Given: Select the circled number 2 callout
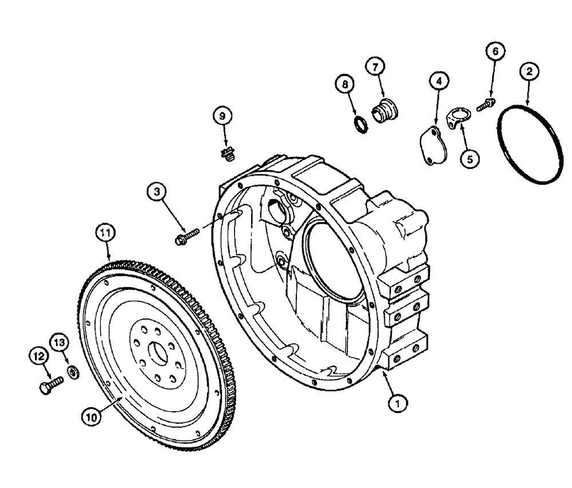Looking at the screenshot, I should (529, 72).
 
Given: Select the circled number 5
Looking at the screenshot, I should (470, 159).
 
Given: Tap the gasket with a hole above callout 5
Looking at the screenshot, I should (455, 118).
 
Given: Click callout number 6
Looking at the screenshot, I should (495, 52).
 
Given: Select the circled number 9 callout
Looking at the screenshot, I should (224, 115).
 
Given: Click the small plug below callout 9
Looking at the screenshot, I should (228, 152).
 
